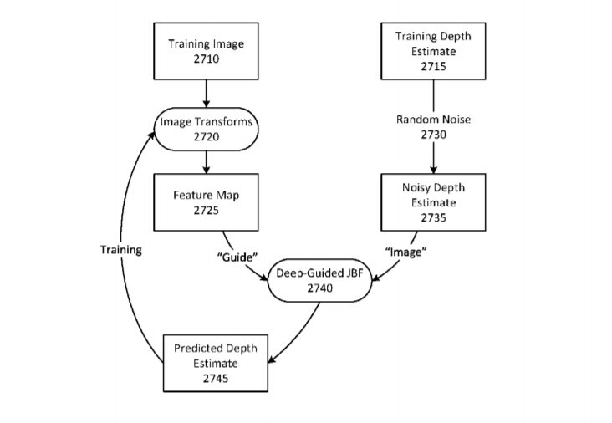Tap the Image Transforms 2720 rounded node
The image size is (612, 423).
pos(206,129)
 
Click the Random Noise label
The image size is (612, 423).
pos(433,120)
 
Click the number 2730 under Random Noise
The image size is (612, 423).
pos(433,135)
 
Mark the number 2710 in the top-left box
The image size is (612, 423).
pos(206,59)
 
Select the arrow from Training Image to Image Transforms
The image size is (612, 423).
pos(206,92)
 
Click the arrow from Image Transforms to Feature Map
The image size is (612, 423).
pos(206,161)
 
